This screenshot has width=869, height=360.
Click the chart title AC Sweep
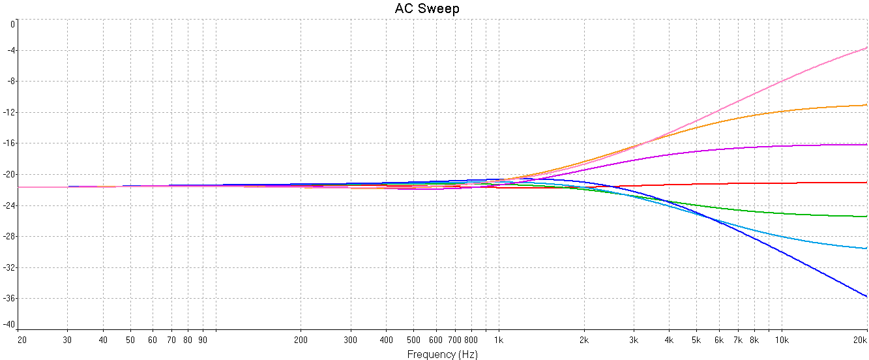tap(427, 8)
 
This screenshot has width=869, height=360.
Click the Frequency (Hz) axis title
tap(442, 354)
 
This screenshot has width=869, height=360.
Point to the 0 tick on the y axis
tap(12, 23)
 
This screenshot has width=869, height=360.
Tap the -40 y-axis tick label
tap(9, 324)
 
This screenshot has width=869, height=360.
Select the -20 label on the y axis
tap(9, 175)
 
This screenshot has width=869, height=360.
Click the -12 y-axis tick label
tap(9, 113)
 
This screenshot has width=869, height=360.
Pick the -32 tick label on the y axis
tap(9, 267)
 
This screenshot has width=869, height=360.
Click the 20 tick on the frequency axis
tap(22, 340)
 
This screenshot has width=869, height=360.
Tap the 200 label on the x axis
tap(301, 340)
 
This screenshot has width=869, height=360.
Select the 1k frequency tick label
tap(499, 340)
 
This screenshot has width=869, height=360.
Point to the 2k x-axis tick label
tap(584, 340)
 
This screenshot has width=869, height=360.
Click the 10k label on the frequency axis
tap(782, 340)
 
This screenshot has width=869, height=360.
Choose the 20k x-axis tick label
tap(861, 340)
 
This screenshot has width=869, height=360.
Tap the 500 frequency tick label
tap(413, 340)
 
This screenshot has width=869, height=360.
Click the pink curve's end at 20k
tap(866, 48)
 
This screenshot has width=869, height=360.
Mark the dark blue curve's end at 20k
tap(866, 296)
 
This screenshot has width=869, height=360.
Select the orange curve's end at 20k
tap(866, 105)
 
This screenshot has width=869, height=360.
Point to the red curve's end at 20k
tap(866, 183)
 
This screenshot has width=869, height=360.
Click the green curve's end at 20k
tap(866, 217)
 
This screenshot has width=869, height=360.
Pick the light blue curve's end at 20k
tap(866, 248)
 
